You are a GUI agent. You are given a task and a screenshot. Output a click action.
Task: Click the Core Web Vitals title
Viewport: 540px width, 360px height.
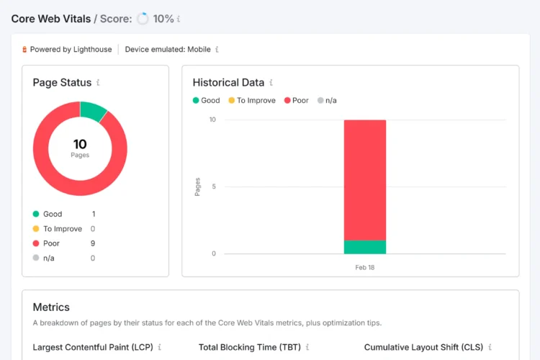(50, 19)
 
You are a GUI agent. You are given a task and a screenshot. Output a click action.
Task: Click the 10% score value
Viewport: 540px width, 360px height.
(163, 19)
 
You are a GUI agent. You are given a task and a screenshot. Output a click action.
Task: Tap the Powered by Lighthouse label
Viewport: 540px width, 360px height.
(71, 50)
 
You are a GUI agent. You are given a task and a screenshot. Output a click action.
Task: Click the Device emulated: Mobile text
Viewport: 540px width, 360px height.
(168, 50)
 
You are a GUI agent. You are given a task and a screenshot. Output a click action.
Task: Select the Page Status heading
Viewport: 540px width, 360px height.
(62, 83)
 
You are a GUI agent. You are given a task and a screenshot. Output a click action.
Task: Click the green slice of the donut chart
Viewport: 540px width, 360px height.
(93, 112)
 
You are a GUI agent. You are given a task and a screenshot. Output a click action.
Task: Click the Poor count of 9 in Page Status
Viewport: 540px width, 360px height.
(93, 243)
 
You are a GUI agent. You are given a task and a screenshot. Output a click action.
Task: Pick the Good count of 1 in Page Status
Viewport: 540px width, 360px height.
(94, 214)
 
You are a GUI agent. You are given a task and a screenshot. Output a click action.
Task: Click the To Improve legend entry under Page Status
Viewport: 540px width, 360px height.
(62, 229)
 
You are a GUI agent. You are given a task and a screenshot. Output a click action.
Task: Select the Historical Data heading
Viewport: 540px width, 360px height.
(228, 83)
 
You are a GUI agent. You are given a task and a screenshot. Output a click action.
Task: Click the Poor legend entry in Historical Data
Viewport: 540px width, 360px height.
(300, 101)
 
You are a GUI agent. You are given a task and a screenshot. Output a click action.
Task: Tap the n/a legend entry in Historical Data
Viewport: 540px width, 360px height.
(330, 101)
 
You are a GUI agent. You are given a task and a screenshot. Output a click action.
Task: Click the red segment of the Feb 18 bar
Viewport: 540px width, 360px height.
(365, 180)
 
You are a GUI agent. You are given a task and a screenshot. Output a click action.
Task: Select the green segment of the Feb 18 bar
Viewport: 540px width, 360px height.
(365, 247)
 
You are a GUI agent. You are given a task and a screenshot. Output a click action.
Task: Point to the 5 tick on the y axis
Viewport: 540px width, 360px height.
(212, 186)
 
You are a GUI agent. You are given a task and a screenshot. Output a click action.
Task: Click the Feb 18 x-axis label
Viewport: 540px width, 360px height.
(365, 267)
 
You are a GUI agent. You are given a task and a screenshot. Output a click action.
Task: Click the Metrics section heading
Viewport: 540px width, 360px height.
(51, 307)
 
